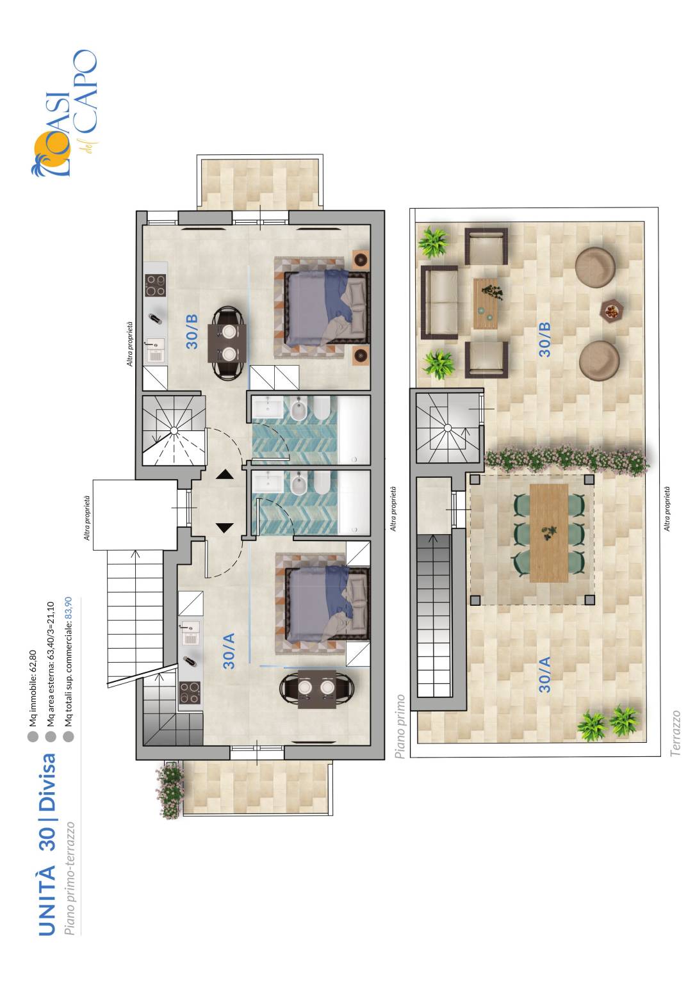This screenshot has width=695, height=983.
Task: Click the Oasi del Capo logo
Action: (x=64, y=113)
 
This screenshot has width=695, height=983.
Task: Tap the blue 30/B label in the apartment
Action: (x=192, y=332)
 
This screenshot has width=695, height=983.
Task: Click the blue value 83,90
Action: (x=69, y=608)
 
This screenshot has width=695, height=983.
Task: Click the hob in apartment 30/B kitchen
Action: (x=156, y=285)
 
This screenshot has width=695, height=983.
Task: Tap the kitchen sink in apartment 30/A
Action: (x=190, y=632)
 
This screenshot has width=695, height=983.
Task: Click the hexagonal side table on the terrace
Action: (x=611, y=311)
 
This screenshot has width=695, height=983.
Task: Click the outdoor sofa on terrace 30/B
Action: (x=439, y=302)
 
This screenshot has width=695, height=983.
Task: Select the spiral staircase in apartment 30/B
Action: (x=174, y=430)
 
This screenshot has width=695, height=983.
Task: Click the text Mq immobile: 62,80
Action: (x=33, y=688)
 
